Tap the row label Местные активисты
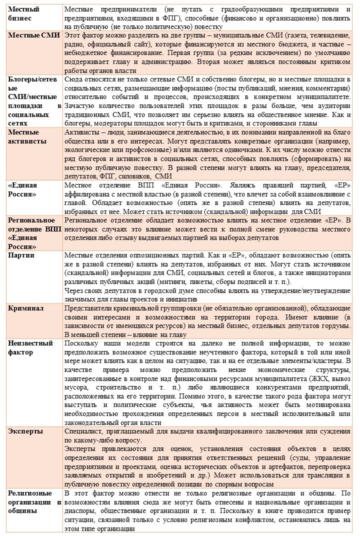click(x=26, y=136)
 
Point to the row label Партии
click(x=21, y=255)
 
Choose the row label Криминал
click(x=26, y=308)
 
